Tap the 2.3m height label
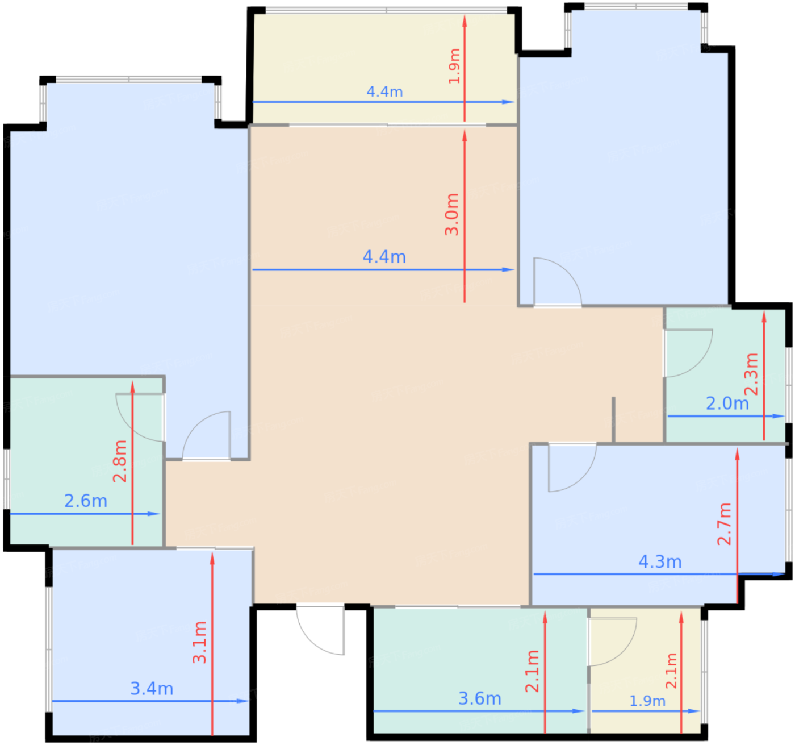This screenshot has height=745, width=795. click(751, 374)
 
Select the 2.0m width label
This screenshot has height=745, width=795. click(727, 403)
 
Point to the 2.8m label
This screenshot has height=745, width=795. click(120, 461)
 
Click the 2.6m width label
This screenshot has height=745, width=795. click(86, 501)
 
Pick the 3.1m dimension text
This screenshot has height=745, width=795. click(199, 642)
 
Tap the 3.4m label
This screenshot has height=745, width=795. click(152, 689)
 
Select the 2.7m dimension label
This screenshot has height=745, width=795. click(724, 524)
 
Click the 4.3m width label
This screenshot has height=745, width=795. click(660, 562)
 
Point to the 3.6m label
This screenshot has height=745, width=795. click(480, 698)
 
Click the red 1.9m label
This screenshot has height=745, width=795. click(454, 66)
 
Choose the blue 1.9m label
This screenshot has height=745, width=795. click(647, 701)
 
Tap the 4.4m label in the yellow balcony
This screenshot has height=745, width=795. click(384, 91)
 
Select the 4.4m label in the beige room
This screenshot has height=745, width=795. click(384, 257)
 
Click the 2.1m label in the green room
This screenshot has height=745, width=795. click(532, 671)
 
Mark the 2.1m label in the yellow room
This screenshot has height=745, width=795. click(671, 671)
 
